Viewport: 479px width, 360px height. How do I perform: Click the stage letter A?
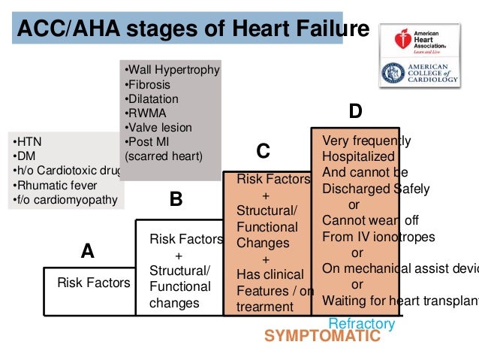87,252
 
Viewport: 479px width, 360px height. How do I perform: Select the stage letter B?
176,199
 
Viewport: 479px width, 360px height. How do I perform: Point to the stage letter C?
263,152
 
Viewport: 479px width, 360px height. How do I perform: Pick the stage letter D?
355,112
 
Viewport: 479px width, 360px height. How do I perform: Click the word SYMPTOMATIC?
322,337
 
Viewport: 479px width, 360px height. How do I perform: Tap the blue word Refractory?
362,324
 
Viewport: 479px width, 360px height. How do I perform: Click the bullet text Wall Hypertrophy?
172,70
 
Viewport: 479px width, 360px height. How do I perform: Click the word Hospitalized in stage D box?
358,156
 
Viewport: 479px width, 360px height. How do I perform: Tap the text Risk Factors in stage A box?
94,283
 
